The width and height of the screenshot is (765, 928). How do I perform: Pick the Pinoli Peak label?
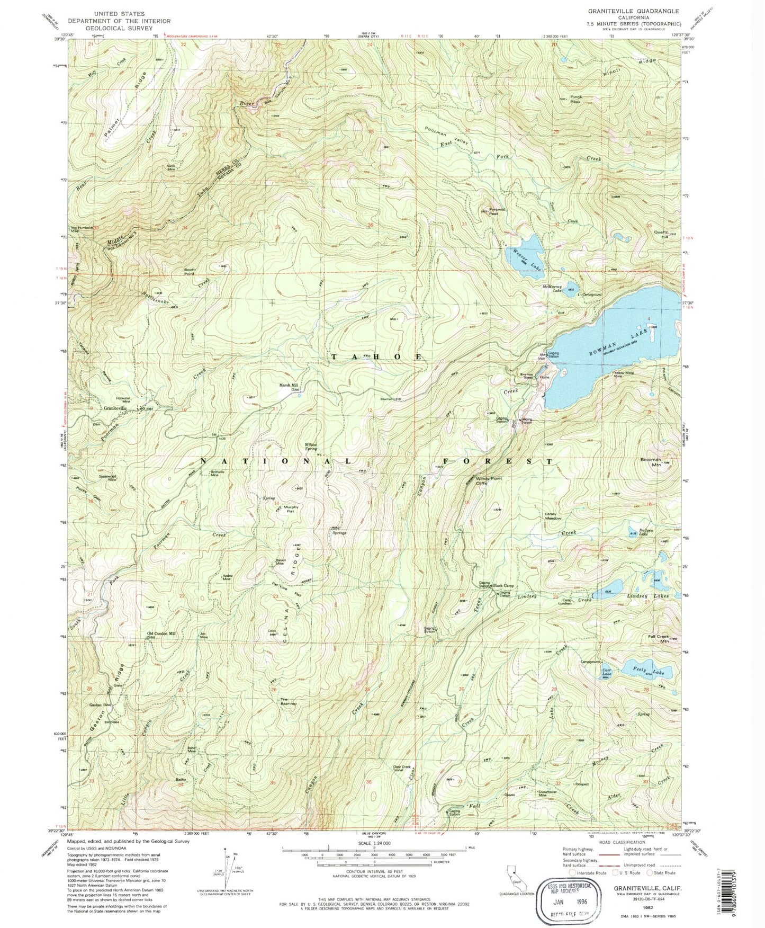click(x=575, y=99)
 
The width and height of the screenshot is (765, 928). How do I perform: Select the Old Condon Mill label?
click(x=161, y=635)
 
